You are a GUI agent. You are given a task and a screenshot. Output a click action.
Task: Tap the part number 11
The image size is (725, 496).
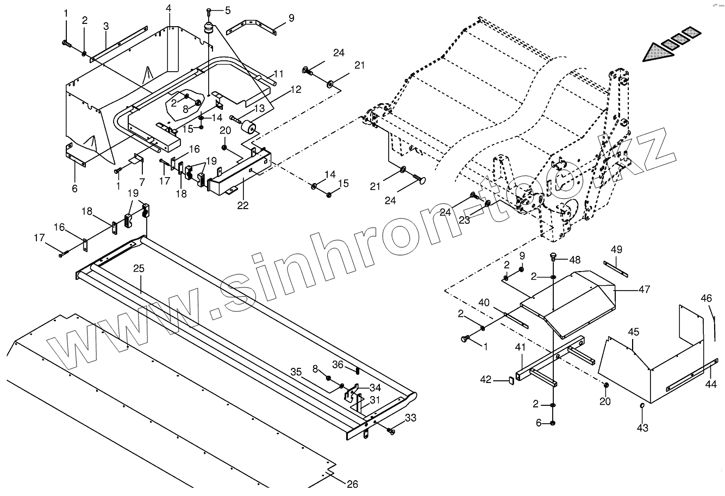pyautogui.click(x=279, y=73)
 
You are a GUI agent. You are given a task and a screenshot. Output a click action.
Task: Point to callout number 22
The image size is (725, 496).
pyautogui.click(x=243, y=205)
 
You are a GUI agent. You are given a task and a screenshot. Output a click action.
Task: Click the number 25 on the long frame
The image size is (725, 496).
pyautogui.click(x=138, y=269)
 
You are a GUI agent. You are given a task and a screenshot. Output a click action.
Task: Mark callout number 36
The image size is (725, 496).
pyautogui.click(x=338, y=365)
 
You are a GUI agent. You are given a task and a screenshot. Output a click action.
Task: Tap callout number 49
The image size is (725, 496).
pyautogui.click(x=616, y=249)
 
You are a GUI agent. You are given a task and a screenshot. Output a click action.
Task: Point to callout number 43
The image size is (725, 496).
pyautogui.click(x=642, y=428)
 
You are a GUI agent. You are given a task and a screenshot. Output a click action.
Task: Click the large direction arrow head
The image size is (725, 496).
pyautogui.click(x=655, y=52)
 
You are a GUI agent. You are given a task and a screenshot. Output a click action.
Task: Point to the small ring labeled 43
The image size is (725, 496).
pyautogui.click(x=642, y=406)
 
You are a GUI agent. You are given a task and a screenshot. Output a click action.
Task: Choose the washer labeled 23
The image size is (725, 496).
pyautogui.click(x=487, y=203)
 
